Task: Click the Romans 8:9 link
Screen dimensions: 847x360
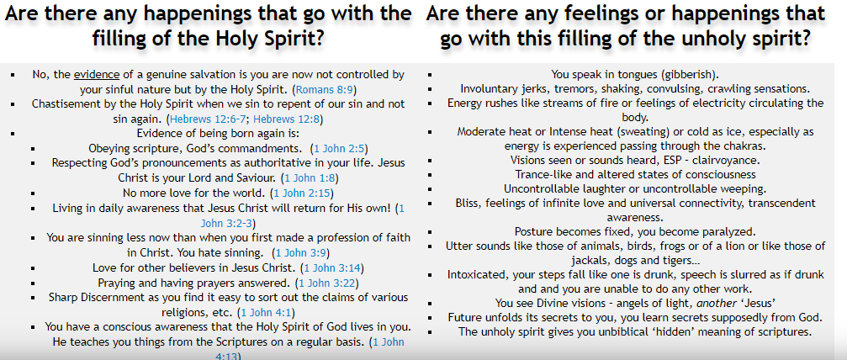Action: [x=326, y=89]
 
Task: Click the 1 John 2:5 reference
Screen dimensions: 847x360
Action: [x=341, y=148]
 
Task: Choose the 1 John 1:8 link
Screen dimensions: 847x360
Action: [x=311, y=177]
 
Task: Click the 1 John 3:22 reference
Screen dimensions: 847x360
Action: [x=328, y=283]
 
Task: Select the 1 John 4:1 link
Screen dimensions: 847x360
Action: [x=267, y=312]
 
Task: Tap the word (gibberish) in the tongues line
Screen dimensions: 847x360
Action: [x=691, y=74]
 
